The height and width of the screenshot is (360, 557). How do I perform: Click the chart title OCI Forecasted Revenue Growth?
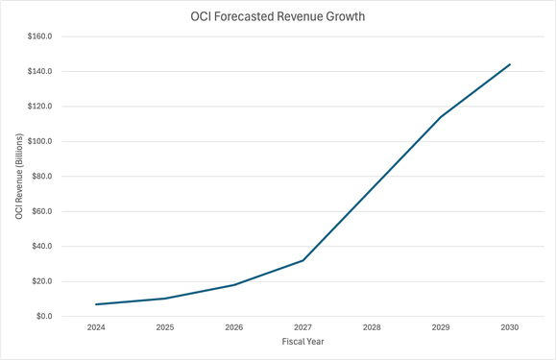click(278, 16)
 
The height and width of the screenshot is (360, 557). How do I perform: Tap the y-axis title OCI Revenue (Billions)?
click(19, 177)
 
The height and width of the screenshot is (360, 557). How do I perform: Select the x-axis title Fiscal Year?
click(303, 343)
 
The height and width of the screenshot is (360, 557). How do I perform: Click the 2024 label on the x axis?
click(96, 328)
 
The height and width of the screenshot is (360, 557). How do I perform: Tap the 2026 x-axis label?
click(233, 328)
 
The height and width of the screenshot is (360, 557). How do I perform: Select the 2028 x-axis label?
click(372, 328)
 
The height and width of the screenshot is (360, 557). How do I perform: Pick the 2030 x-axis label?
click(509, 328)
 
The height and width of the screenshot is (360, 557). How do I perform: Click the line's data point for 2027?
click(303, 260)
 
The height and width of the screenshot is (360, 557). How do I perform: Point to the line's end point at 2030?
click(509, 64)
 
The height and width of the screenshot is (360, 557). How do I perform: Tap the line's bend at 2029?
click(441, 117)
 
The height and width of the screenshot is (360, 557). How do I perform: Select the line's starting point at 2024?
click(96, 304)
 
